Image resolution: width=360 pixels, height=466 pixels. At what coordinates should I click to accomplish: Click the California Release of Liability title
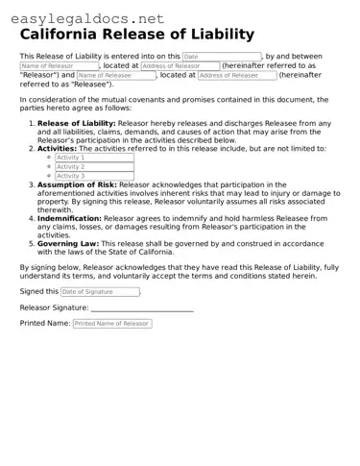(x=137, y=35)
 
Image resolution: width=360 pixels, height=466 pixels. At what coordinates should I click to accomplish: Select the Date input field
(x=221, y=57)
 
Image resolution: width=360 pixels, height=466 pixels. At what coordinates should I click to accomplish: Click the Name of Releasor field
(x=59, y=66)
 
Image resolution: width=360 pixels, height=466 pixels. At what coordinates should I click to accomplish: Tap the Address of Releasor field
(x=180, y=66)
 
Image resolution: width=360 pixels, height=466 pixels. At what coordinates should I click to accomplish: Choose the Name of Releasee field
(x=116, y=75)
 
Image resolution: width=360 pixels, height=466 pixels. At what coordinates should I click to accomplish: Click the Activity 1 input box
(x=93, y=158)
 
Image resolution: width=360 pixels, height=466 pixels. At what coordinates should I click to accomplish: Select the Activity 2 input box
(x=93, y=166)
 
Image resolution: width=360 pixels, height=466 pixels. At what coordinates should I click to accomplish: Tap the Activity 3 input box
(x=93, y=176)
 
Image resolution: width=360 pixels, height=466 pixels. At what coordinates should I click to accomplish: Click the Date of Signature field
(x=100, y=291)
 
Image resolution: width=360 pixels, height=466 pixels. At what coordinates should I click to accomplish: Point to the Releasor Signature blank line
(x=142, y=308)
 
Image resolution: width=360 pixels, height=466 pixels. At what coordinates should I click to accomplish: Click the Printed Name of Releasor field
(x=111, y=324)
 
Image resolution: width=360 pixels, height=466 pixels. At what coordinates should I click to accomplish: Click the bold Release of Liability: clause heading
(x=76, y=123)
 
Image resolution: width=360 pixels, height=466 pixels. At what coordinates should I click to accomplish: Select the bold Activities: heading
(x=57, y=149)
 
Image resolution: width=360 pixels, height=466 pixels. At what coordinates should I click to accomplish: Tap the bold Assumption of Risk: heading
(x=77, y=184)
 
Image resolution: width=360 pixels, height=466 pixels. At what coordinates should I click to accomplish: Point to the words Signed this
(x=38, y=291)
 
